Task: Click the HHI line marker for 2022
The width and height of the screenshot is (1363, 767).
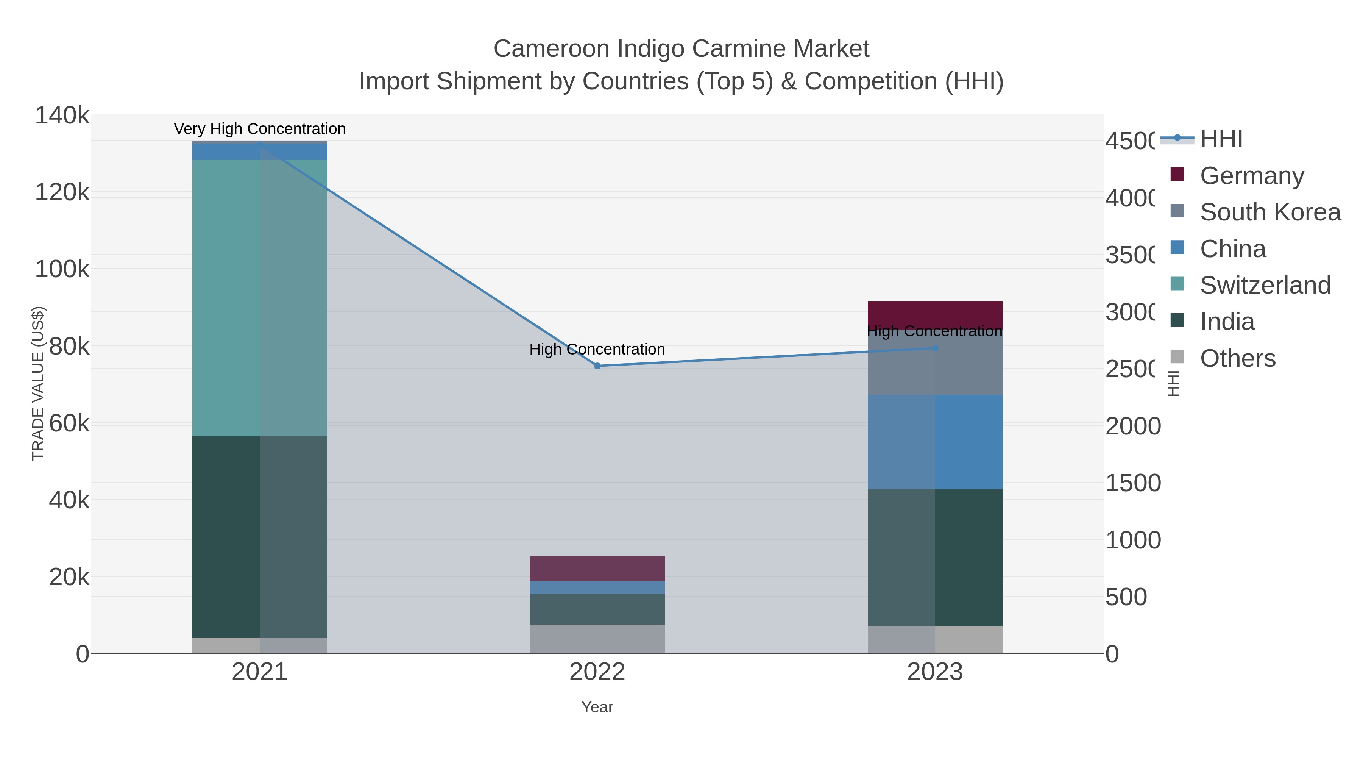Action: pos(597,366)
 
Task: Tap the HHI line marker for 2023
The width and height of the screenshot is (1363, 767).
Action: pos(935,348)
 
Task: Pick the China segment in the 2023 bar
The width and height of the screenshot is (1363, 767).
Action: pos(935,442)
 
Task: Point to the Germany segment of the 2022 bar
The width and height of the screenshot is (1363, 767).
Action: pos(597,568)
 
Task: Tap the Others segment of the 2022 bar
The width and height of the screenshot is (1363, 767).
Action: pos(597,639)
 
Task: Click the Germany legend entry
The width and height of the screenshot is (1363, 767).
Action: pos(1252,175)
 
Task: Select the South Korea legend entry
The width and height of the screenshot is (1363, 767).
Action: pos(1270,212)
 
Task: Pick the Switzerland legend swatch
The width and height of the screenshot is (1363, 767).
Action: pos(1177,284)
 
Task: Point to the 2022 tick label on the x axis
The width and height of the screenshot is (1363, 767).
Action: pos(597,672)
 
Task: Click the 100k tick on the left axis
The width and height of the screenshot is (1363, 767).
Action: pos(62,269)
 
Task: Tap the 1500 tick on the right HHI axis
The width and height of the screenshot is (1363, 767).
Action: pos(1133,483)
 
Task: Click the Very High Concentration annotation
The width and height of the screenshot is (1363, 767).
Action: pos(259,129)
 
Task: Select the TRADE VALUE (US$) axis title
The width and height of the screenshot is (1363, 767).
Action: pos(38,383)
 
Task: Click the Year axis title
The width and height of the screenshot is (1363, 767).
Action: pos(597,707)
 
